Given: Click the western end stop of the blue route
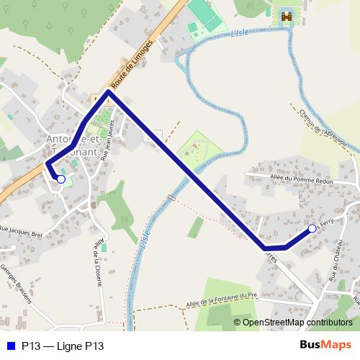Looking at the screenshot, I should click(61, 179).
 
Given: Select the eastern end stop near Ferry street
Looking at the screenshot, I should click(312, 228).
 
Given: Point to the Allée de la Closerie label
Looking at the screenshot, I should click(96, 260).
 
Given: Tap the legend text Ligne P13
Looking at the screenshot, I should click(63, 346).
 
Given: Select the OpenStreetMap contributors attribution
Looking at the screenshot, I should click(297, 323).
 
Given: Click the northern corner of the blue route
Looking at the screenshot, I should click(108, 92).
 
